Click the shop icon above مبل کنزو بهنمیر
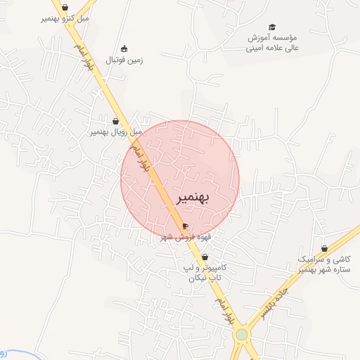click(65, 7)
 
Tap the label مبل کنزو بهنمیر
click(65, 18)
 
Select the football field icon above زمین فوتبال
click(124, 49)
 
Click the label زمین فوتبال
click(124, 60)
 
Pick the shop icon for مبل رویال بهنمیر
click(115, 121)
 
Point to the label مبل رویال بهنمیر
click(115, 131)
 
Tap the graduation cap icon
click(272, 27)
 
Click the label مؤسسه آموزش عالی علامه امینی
click(272, 43)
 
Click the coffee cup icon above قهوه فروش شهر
click(185, 226)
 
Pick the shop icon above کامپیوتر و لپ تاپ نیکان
click(205, 257)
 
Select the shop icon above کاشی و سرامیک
click(324, 248)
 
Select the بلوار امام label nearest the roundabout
click(221, 310)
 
